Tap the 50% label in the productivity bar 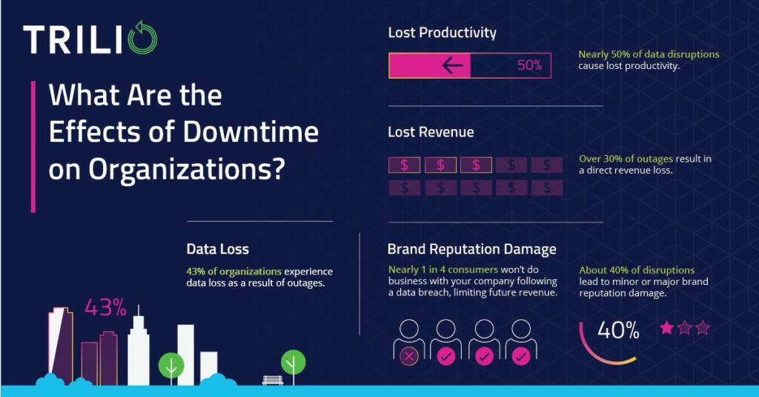pyautogui.click(x=529, y=65)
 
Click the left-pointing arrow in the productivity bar pyautogui.click(x=452, y=65)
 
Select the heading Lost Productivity pyautogui.click(x=442, y=33)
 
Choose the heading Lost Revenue pyautogui.click(x=431, y=132)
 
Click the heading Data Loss pyautogui.click(x=218, y=249)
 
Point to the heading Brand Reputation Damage pyautogui.click(x=471, y=249)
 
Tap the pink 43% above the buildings pyautogui.click(x=105, y=307)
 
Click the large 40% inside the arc pyautogui.click(x=618, y=330)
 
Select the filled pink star pyautogui.click(x=666, y=327)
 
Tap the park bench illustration pyautogui.click(x=273, y=380)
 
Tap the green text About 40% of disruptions pyautogui.click(x=637, y=269)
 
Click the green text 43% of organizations pyautogui.click(x=233, y=270)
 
